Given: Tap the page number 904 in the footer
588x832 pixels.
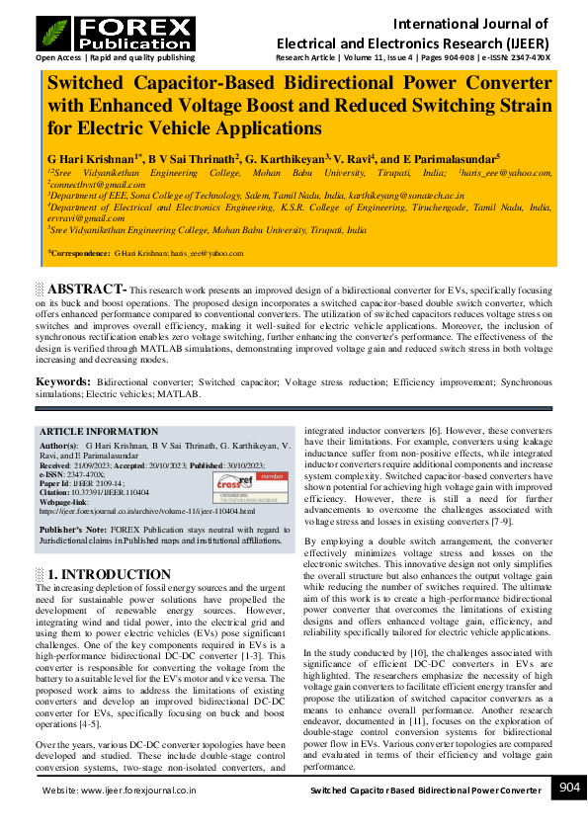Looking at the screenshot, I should coord(569,787).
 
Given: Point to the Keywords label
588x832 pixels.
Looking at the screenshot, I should coord(64,381).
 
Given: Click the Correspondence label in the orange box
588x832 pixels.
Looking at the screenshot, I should coord(78,254).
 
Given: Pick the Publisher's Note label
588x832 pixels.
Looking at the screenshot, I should coord(74,531).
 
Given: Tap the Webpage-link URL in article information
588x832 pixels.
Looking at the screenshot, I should coord(146,511).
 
